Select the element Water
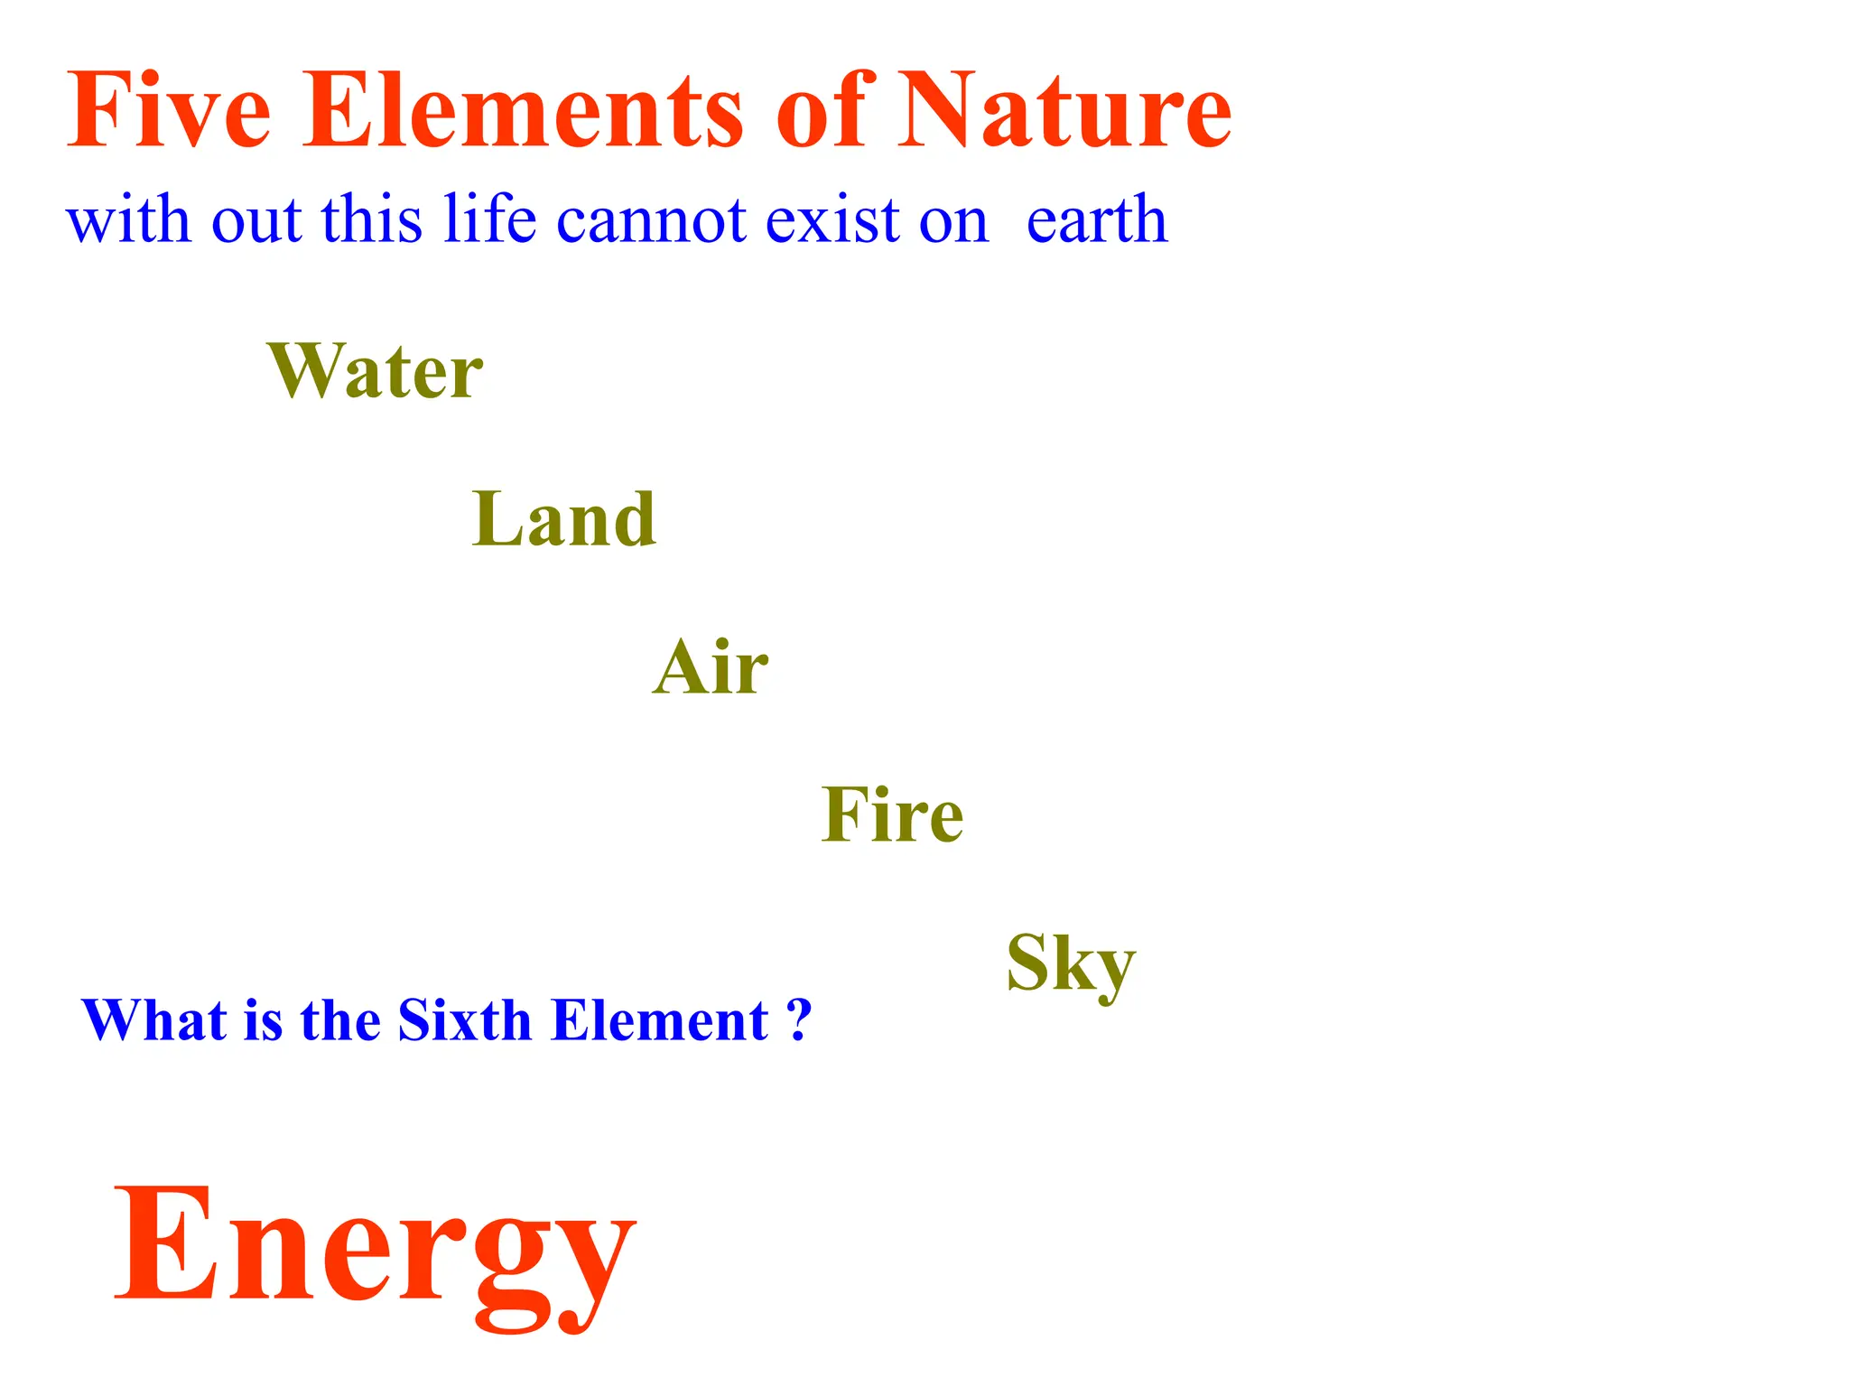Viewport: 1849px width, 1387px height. point(376,370)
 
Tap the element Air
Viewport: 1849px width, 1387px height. point(711,667)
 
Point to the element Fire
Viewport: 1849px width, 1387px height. point(892,815)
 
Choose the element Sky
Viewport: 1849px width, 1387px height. point(1071,965)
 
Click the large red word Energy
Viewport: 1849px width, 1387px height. point(375,1251)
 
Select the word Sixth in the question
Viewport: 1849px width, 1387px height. point(464,1020)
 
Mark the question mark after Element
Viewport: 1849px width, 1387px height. point(799,1020)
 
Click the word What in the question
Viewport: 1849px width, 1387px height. point(154,1020)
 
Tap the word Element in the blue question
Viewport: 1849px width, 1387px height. point(659,1020)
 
